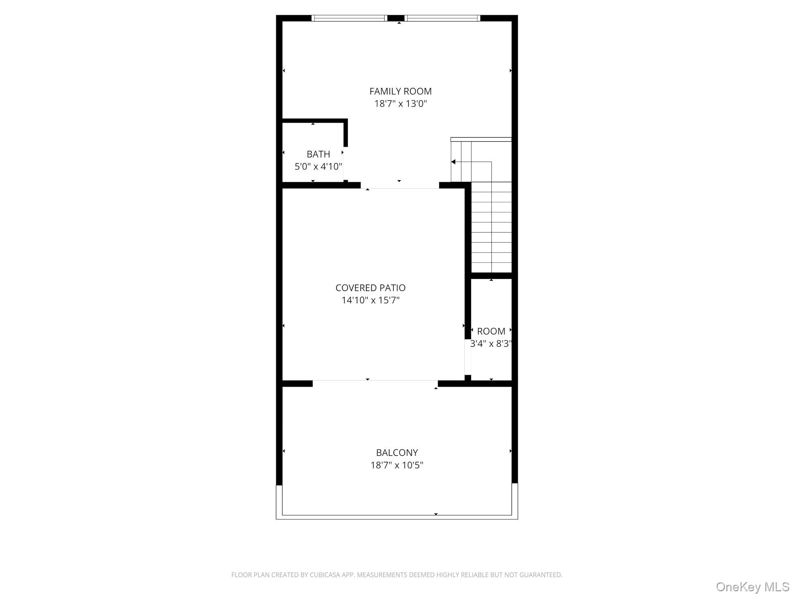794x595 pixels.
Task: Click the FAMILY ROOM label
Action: click(x=400, y=91)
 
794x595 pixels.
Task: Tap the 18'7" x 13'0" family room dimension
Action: click(x=400, y=104)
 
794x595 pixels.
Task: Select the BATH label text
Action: click(x=318, y=154)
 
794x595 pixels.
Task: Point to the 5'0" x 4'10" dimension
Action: click(x=318, y=167)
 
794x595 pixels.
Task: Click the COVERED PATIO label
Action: click(x=370, y=288)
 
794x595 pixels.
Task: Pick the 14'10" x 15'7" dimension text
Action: click(x=370, y=300)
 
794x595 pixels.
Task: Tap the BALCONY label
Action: click(x=397, y=452)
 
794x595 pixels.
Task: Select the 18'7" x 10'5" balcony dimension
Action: click(x=397, y=465)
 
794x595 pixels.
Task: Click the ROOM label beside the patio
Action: click(x=491, y=331)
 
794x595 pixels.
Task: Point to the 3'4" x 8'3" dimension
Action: click(x=491, y=344)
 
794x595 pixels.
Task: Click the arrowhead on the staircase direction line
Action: click(x=453, y=162)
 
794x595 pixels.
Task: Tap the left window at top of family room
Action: click(x=349, y=18)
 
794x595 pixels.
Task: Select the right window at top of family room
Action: click(x=442, y=18)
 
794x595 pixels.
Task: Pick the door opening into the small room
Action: click(x=468, y=356)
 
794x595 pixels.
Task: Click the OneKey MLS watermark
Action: click(x=752, y=587)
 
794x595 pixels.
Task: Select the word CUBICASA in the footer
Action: click(x=324, y=575)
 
